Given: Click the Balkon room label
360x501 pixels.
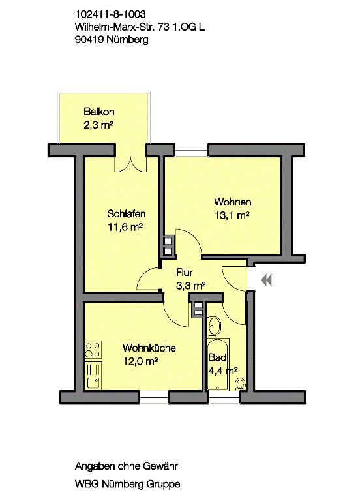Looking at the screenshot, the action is tap(98, 112).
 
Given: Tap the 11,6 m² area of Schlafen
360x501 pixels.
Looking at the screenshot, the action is tap(125, 227).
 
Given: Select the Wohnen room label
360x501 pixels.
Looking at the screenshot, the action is tap(233, 202).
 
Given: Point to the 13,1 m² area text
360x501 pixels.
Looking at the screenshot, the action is tap(232, 215).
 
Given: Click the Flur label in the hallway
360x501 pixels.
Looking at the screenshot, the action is tap(185, 273).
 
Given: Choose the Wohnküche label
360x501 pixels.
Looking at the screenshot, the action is tap(149, 348).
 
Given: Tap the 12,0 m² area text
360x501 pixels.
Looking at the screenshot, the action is tap(141, 361).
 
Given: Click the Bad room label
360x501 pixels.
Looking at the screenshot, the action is tap(218, 357).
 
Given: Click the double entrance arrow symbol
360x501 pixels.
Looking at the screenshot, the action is tap(266, 281).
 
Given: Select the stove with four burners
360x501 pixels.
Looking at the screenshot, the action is tap(93, 350).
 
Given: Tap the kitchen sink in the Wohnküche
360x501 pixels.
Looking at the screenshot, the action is tap(93, 376).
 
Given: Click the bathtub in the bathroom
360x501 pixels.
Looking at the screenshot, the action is tap(218, 364).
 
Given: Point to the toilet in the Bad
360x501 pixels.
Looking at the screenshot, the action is tap(240, 384).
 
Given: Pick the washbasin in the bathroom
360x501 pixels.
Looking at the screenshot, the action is tap(214, 326).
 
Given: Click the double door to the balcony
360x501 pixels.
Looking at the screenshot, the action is tap(131, 164).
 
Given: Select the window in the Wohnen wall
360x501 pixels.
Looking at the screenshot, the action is tap(191, 149).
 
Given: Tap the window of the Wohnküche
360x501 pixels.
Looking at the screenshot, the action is tap(154, 397).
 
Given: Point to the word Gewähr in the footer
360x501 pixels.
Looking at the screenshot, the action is tap(160, 466).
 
